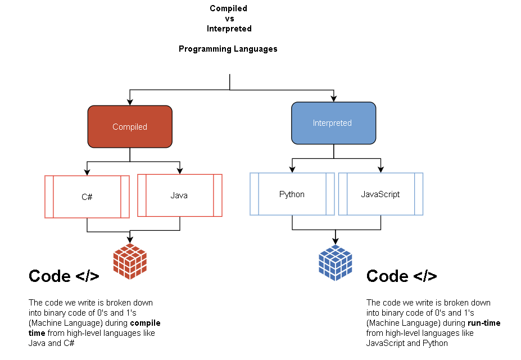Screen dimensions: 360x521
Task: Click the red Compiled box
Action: [x=130, y=127]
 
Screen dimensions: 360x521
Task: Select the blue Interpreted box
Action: [x=333, y=123]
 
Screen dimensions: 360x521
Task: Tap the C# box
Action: [x=87, y=197]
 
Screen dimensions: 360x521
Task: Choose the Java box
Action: [x=179, y=195]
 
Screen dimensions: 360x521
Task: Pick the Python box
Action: [x=292, y=194]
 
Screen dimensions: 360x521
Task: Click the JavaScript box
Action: [x=380, y=194]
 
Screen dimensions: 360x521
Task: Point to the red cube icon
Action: [x=130, y=262]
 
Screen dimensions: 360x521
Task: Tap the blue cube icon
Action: [x=335, y=263]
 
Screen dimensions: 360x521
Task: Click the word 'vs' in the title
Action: [x=229, y=19]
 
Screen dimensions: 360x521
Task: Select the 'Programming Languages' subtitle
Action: [x=228, y=49]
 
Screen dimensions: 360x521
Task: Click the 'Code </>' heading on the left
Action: [x=64, y=276]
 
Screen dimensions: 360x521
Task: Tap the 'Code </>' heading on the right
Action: [x=401, y=276]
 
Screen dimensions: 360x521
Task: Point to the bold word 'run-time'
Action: [x=484, y=323]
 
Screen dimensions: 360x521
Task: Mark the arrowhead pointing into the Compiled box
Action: [x=130, y=102]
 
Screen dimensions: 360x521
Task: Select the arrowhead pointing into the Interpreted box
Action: [x=334, y=98]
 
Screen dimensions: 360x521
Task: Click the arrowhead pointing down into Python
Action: [x=292, y=169]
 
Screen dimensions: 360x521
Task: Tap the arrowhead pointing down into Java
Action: [x=180, y=170]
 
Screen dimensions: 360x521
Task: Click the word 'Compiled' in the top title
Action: [x=228, y=8]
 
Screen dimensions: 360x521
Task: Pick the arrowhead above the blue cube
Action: [x=336, y=240]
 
